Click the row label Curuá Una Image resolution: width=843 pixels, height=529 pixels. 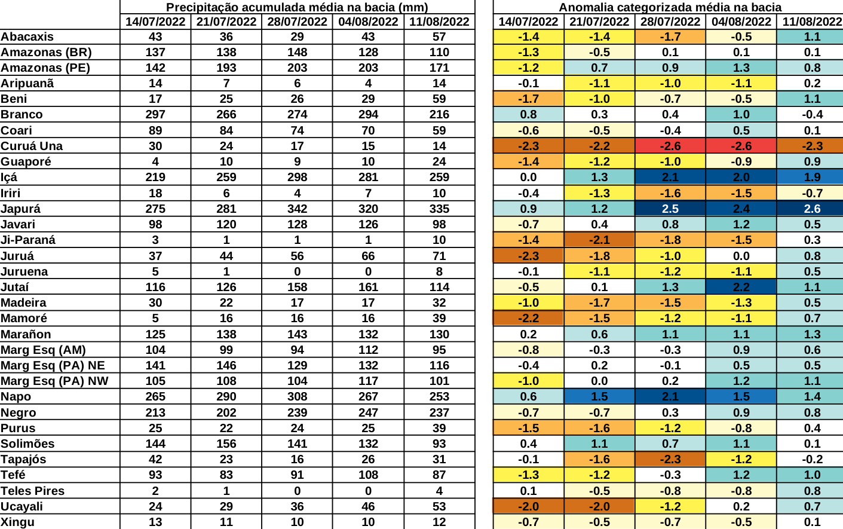click(x=32, y=146)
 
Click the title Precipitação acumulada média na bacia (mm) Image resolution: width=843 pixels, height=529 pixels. click(x=297, y=7)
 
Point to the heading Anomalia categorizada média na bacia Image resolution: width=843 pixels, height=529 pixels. click(x=670, y=7)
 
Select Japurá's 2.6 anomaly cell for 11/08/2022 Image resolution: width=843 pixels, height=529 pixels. click(x=812, y=209)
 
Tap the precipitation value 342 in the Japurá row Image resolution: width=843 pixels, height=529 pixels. click(x=297, y=209)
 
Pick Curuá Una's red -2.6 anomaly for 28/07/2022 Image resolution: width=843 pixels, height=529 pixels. click(x=670, y=146)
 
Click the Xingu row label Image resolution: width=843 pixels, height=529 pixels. click(x=18, y=522)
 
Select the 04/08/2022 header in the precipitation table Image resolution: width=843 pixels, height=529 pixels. click(x=368, y=22)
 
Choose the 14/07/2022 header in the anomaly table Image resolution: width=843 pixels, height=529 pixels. click(x=528, y=22)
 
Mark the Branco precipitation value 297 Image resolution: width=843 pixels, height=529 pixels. click(x=155, y=114)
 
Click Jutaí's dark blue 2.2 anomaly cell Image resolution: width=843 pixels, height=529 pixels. click(x=741, y=287)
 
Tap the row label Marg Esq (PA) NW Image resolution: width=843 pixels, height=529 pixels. click(x=54, y=381)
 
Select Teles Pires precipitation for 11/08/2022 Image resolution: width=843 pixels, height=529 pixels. click(x=439, y=491)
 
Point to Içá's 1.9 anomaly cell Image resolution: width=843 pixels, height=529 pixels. click(x=812, y=177)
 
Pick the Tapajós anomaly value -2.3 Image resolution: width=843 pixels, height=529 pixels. click(x=670, y=459)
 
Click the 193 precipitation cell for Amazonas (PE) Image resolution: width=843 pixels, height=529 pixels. click(x=226, y=68)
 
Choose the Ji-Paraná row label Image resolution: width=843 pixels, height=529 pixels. click(x=28, y=240)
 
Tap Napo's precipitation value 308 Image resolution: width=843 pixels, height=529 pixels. click(x=297, y=396)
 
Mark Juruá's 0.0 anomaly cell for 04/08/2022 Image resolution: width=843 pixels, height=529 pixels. click(x=741, y=256)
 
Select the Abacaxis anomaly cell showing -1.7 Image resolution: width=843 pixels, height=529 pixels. click(x=670, y=36)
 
